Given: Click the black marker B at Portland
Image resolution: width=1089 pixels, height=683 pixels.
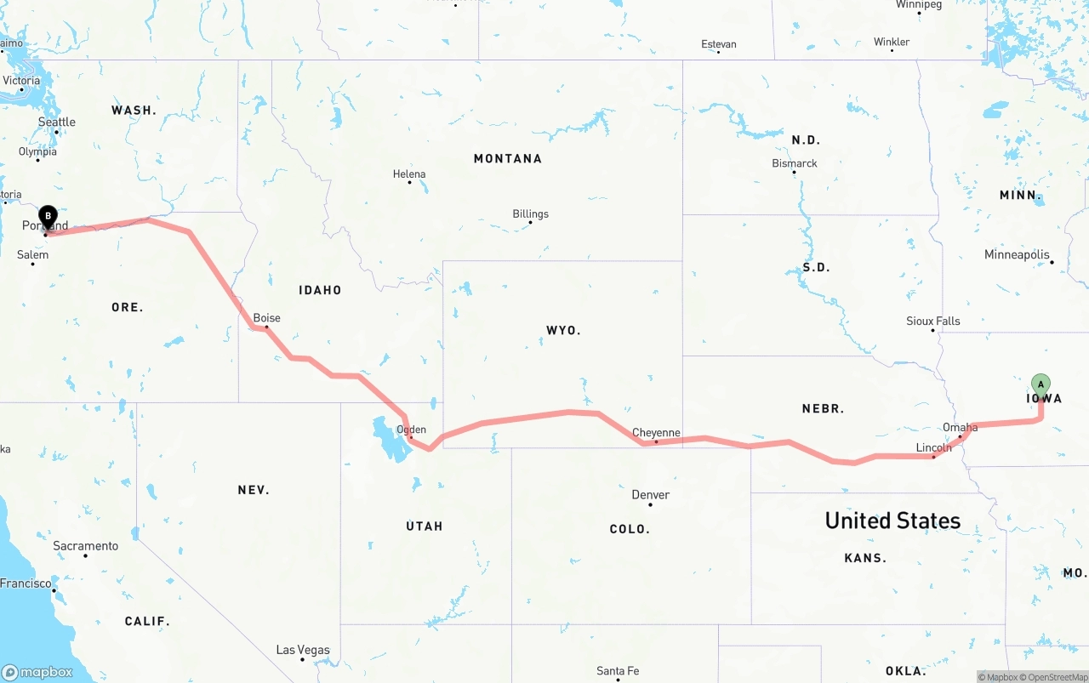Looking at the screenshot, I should point(48,217).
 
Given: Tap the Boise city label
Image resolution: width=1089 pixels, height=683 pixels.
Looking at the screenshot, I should point(266,319).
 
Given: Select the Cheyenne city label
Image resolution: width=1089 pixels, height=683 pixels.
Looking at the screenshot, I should point(656,433).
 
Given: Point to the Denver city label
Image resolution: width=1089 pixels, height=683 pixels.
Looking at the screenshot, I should point(650,495).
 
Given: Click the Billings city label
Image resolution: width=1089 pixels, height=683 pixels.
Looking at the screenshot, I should point(530,214).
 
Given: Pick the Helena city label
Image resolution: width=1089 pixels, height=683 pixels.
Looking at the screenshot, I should point(409,174).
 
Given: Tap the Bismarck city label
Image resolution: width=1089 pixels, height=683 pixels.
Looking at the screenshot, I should point(794,163).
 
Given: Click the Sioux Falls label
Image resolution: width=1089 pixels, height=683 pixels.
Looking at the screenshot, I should point(932,322).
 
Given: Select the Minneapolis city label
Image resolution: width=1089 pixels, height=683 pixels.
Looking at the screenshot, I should point(1016,255).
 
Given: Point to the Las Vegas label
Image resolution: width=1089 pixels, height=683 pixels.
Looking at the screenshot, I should point(303,651).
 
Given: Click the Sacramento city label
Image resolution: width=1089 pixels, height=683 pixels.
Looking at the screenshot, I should point(85,546).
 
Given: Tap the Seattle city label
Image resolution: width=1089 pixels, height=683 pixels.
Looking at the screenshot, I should point(57,122).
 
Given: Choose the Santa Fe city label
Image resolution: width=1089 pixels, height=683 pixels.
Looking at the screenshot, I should point(618,671).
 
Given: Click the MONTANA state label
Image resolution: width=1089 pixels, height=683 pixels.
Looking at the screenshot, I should point(507,159).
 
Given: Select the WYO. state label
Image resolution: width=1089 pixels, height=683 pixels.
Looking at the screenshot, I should point(563,330).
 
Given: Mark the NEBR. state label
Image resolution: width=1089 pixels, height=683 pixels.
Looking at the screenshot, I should point(823,409).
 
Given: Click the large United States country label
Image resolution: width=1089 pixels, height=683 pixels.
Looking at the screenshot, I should point(892,521).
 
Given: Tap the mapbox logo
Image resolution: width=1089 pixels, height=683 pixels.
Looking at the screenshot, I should point(37,673).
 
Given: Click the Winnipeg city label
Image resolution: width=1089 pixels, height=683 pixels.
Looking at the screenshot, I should point(919,5).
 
